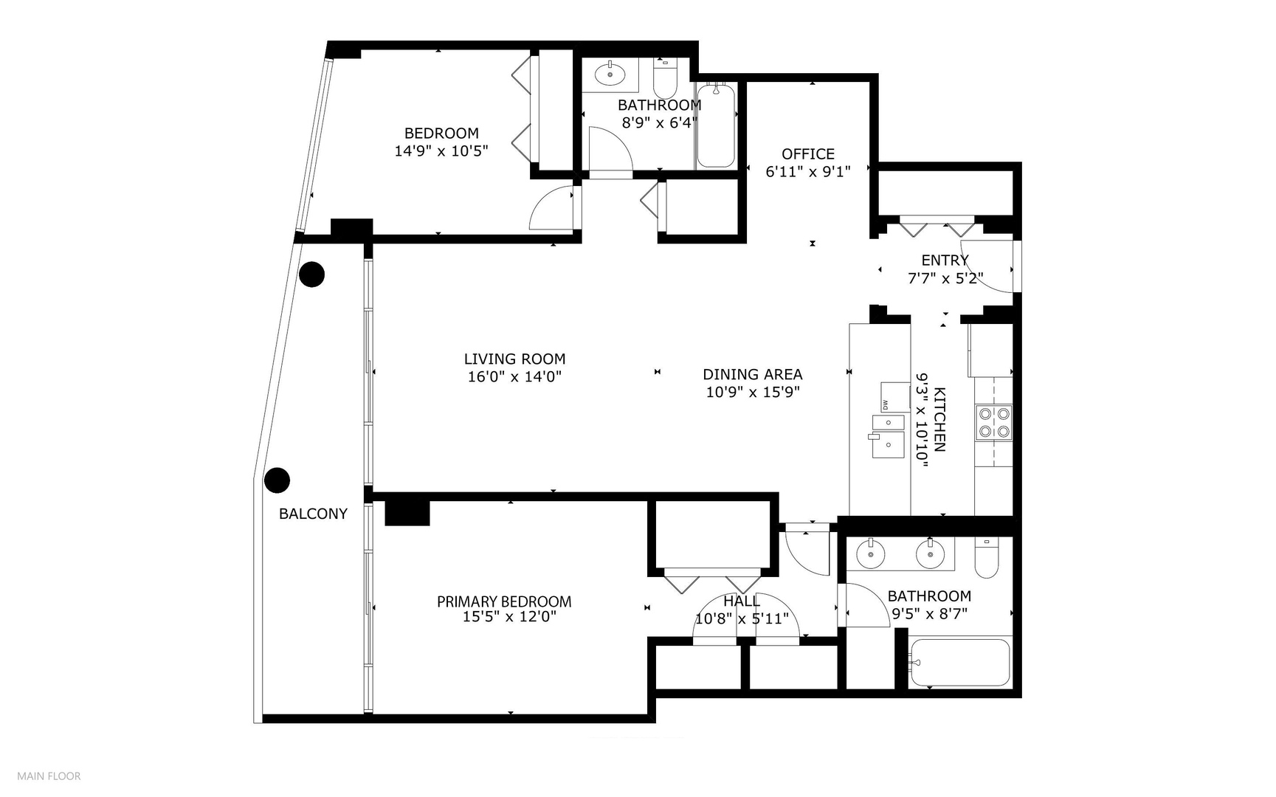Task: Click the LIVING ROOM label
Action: pyautogui.click(x=514, y=359)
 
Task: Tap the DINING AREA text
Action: pyautogui.click(x=752, y=375)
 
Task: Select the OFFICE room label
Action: pyautogui.click(x=808, y=154)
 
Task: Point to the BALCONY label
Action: pyautogui.click(x=313, y=514)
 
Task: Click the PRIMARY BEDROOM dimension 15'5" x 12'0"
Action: pyautogui.click(x=509, y=617)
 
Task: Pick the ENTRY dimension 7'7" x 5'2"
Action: pyautogui.click(x=945, y=278)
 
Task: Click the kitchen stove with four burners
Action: pyautogui.click(x=994, y=423)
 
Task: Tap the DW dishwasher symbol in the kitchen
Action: pyautogui.click(x=895, y=397)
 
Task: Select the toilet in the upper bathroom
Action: pyautogui.click(x=666, y=78)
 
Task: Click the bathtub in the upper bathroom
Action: pyautogui.click(x=716, y=126)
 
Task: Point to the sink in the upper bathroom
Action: pyautogui.click(x=610, y=72)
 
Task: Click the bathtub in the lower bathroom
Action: pyautogui.click(x=959, y=663)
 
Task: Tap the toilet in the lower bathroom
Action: pyautogui.click(x=987, y=558)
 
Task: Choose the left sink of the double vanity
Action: pyautogui.click(x=871, y=554)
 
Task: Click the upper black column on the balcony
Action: pyautogui.click(x=312, y=275)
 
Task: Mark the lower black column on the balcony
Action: pyautogui.click(x=277, y=480)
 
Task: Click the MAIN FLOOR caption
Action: pyautogui.click(x=49, y=776)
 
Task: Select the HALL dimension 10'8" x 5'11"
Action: pyautogui.click(x=742, y=618)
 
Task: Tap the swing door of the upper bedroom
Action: pyautogui.click(x=553, y=207)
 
